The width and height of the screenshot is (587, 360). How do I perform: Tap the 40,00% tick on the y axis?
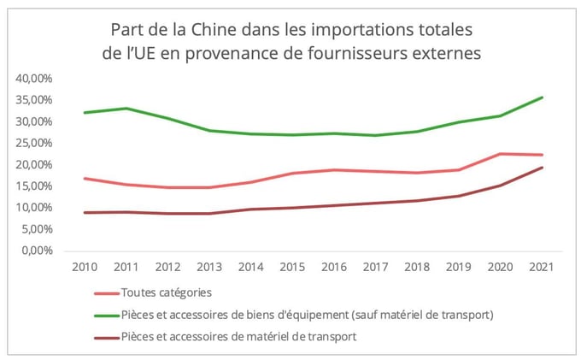(34, 78)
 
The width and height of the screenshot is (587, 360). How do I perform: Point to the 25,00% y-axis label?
(34, 143)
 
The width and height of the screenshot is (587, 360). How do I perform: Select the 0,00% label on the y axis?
(37, 251)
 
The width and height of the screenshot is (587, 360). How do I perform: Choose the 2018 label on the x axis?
(416, 267)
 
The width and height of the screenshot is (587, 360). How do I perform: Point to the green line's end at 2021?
(542, 97)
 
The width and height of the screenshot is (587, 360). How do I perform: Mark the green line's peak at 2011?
(126, 109)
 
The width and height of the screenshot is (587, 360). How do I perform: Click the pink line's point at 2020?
(500, 154)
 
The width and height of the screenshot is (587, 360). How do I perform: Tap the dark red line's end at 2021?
(542, 168)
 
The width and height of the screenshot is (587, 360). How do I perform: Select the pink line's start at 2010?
(85, 179)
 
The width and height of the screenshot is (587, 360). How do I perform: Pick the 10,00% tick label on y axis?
(34, 208)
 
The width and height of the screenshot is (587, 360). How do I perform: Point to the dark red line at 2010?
(85, 212)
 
